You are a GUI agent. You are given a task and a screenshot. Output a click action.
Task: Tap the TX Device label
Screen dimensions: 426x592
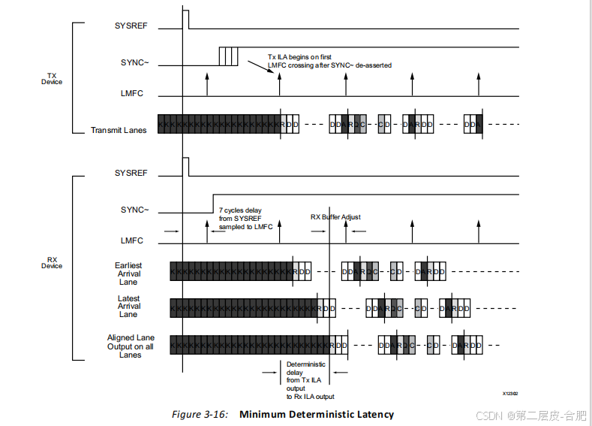[52, 79]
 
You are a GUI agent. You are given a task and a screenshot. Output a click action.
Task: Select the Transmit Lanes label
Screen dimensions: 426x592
[119, 130]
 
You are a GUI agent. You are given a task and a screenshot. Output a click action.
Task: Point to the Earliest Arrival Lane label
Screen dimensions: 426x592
[128, 273]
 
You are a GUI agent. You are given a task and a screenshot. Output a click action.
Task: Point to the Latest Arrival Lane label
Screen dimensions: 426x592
[128, 307]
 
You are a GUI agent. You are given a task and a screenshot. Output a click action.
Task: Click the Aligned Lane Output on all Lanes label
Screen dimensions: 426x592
[131, 346]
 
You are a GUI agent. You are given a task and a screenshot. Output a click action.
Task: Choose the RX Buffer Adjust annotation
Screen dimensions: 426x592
[335, 217]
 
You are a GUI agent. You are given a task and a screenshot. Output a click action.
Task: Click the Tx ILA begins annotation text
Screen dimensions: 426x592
[329, 61]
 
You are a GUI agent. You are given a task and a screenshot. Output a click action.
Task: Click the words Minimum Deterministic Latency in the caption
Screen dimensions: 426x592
[316, 414]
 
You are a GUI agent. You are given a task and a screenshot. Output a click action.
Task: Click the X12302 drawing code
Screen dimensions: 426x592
[510, 393]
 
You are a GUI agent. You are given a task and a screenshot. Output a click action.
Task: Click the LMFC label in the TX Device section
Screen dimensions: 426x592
[132, 94]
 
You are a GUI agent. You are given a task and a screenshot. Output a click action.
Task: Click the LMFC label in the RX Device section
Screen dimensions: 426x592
[132, 241]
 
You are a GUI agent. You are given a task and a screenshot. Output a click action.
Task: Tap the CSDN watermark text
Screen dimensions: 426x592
[488, 415]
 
